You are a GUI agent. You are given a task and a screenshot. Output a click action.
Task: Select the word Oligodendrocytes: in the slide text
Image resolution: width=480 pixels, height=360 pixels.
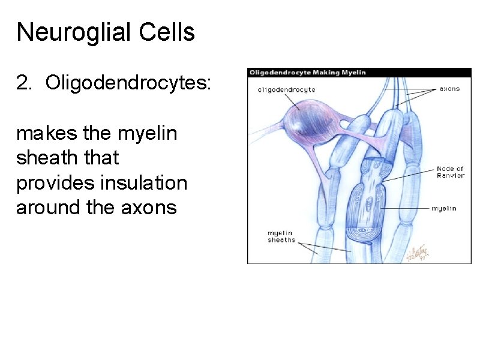pyautogui.click(x=128, y=83)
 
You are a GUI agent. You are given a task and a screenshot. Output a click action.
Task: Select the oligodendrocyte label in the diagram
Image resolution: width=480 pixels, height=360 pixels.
pyautogui.click(x=286, y=89)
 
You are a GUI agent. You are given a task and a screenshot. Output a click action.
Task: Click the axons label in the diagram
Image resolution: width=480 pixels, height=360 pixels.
pyautogui.click(x=449, y=89)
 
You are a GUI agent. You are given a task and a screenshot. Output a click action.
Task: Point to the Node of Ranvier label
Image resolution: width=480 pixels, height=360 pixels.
pyautogui.click(x=449, y=173)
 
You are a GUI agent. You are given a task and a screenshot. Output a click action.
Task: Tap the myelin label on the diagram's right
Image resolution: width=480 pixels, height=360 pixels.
pyautogui.click(x=444, y=208)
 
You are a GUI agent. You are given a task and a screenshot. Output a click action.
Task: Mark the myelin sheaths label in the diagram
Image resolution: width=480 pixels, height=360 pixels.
pyautogui.click(x=281, y=236)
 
